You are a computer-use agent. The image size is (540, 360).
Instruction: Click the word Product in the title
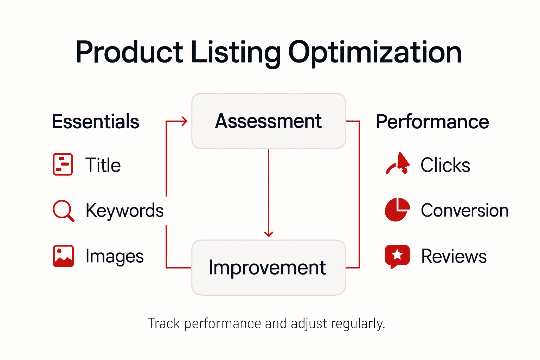click(129, 53)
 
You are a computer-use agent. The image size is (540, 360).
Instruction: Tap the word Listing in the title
click(235, 53)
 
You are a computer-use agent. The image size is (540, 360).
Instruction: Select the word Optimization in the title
click(374, 53)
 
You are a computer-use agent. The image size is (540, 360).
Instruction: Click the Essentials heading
click(96, 122)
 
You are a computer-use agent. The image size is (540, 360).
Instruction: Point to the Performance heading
click(432, 122)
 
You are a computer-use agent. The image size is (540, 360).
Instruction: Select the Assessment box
click(269, 121)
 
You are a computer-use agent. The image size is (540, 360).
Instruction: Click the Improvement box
click(269, 268)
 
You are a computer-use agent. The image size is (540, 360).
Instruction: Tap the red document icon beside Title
click(63, 164)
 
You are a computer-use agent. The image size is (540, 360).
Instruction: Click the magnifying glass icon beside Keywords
click(63, 211)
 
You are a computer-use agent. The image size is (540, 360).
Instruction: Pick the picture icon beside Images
click(63, 256)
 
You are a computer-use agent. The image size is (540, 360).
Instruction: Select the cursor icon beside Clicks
click(399, 164)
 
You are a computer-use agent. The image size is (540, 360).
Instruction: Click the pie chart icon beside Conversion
click(397, 210)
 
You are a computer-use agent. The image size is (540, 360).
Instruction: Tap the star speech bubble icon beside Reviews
click(397, 256)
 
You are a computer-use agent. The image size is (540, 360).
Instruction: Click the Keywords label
click(124, 211)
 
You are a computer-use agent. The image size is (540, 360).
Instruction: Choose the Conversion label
click(464, 211)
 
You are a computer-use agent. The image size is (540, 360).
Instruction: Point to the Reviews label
click(454, 256)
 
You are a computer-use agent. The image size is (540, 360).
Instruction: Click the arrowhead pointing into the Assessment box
click(184, 121)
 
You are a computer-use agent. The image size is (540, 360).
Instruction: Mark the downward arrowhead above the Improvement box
click(269, 233)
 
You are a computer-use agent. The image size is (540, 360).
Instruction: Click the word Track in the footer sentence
click(164, 323)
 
